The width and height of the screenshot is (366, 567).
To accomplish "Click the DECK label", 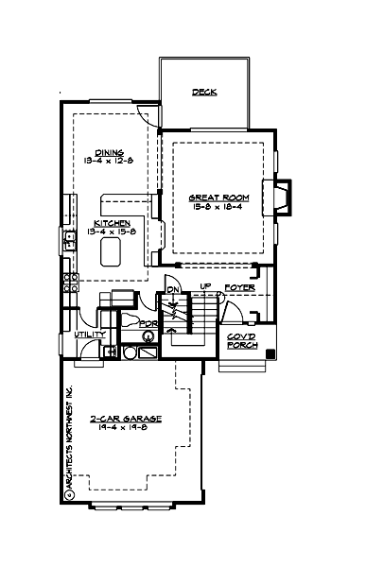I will coord(204,93).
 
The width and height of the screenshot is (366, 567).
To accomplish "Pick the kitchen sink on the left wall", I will coord(68,236).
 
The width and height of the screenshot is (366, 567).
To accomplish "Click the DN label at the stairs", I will coord(173,289).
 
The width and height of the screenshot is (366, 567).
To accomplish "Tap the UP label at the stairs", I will coord(206,286).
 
